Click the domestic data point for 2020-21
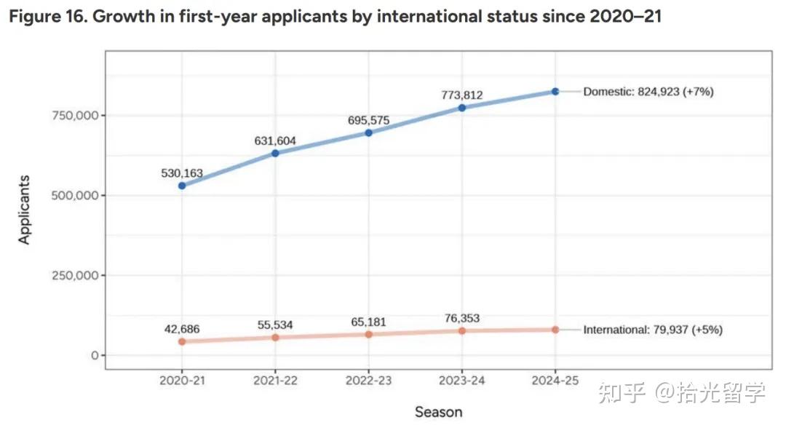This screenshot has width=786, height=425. [182, 186]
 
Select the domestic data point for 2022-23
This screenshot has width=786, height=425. [369, 133]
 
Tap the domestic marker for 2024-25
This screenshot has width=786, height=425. [555, 92]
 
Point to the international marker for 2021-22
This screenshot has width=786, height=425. [275, 337]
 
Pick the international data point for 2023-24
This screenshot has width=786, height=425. [462, 331]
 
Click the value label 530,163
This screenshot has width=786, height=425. [182, 174]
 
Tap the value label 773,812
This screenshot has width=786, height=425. [462, 95]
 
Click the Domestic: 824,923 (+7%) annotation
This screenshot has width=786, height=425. [648, 92]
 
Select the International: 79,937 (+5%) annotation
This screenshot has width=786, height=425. [653, 330]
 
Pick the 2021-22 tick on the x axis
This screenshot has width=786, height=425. [275, 380]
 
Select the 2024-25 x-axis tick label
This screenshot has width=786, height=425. [555, 380]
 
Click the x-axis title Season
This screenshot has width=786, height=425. [438, 412]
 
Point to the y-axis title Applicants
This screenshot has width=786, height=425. [25, 210]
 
